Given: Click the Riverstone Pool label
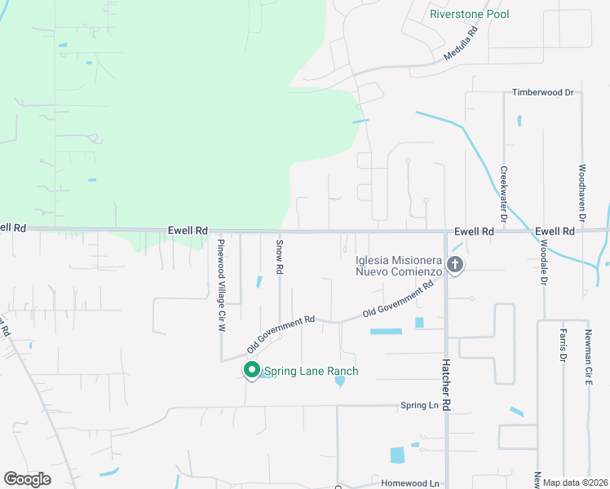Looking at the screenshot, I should point(469,14).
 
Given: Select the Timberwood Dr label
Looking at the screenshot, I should point(543,93).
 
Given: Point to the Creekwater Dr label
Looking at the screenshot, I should point(504,195).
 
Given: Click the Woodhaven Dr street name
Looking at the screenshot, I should point(582,193).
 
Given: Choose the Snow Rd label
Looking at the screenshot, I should point(279,256).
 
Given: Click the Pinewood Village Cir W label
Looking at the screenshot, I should point(220,284).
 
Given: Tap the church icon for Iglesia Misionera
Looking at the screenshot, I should point(455,265).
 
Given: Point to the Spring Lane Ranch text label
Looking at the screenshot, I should point(311,372).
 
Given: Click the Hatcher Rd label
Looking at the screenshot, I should point(446,385).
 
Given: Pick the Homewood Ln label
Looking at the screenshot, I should point(404,482).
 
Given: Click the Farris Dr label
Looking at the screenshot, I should point(563,346).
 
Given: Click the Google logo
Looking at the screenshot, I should point(27,479).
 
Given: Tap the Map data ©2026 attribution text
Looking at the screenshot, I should point(576,482).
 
